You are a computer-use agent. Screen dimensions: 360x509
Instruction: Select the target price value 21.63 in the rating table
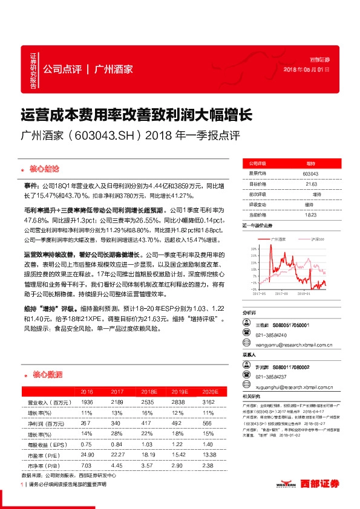click(311, 184)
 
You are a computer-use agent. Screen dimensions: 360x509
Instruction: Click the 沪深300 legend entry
click(316, 240)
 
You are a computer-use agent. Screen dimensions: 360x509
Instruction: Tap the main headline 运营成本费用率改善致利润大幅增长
click(132, 114)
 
